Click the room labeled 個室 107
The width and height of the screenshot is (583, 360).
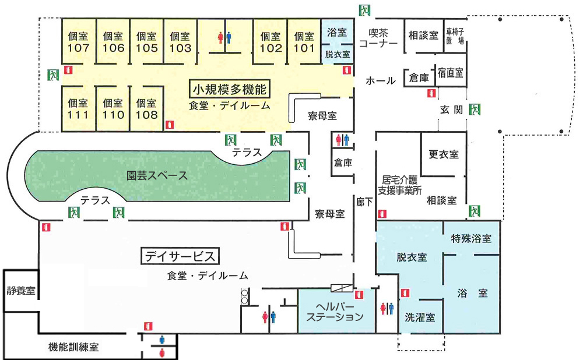coord(79,42)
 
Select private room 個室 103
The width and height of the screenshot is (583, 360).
coord(180,42)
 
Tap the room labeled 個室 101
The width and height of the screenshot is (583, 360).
coord(304,42)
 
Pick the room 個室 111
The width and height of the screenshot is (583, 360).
coord(79,109)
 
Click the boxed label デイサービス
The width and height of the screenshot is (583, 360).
coord(180,256)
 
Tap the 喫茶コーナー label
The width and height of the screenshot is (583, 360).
coord(378,38)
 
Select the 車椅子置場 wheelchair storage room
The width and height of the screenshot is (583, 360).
coord(455,36)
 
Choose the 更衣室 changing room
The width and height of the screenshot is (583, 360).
coord(443,154)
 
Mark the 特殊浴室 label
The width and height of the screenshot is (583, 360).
coord(472,239)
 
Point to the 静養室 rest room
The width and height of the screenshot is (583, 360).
coord(20,290)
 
